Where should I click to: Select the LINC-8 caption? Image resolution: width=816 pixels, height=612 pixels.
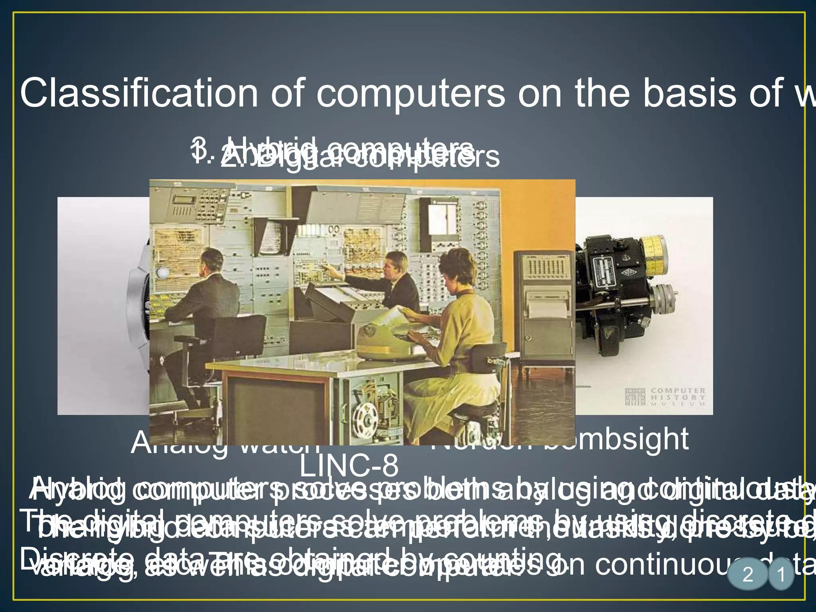349,465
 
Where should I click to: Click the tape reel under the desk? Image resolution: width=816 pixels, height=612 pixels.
367,418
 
